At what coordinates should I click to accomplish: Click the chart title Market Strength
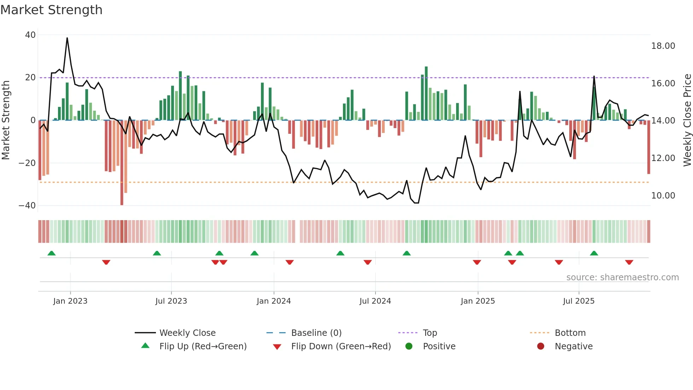tap(51, 10)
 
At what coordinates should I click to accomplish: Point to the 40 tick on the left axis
tap(30, 35)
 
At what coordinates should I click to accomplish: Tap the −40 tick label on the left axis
tap(27, 206)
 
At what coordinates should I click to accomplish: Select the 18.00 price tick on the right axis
tap(663, 46)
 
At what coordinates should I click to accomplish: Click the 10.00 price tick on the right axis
tap(663, 196)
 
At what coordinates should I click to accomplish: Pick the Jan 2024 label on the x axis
tap(274, 301)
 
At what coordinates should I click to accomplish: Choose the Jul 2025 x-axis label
tap(578, 301)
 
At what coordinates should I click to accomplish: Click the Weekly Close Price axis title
tap(687, 120)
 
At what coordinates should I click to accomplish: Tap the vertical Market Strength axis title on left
tap(6, 120)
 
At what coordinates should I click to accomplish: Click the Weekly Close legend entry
tap(187, 333)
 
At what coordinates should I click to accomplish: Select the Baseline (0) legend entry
tap(316, 333)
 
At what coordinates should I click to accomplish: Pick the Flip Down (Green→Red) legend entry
tap(340, 346)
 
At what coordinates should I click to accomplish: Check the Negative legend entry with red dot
tap(573, 346)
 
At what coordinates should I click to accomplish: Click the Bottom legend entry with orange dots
tap(570, 333)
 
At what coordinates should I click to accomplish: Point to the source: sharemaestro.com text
tap(622, 277)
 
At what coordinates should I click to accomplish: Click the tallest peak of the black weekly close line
tap(67, 38)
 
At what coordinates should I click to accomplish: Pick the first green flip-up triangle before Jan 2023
tap(52, 253)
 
